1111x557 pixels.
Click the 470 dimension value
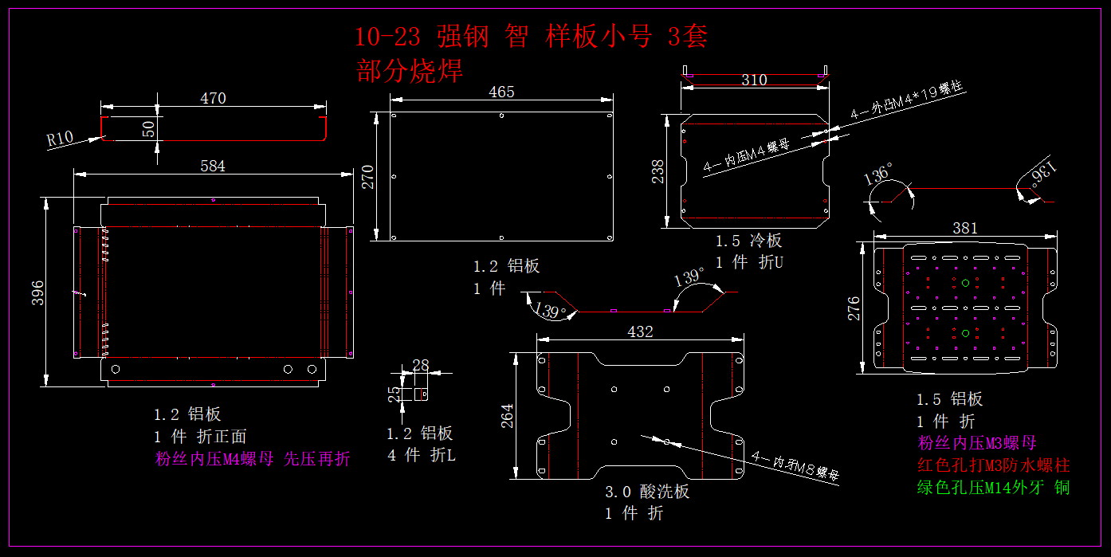(213, 99)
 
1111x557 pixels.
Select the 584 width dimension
(213, 166)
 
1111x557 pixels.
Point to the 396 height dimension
(37, 296)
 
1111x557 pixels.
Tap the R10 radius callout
(60, 139)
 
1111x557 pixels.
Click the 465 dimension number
(501, 92)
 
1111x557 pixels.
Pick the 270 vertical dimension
(368, 177)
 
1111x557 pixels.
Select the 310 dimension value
(754, 80)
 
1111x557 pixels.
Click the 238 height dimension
(658, 171)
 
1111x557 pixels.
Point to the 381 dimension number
(965, 228)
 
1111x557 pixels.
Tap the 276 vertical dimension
(854, 309)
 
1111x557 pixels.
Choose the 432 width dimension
(641, 331)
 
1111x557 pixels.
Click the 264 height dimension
(508, 416)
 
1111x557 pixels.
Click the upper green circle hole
(965, 283)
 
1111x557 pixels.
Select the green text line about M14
(993, 488)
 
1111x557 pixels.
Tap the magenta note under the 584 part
(252, 459)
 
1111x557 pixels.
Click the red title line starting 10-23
(531, 37)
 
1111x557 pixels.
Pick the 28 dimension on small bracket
(421, 365)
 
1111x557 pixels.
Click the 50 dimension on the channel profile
(149, 128)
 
